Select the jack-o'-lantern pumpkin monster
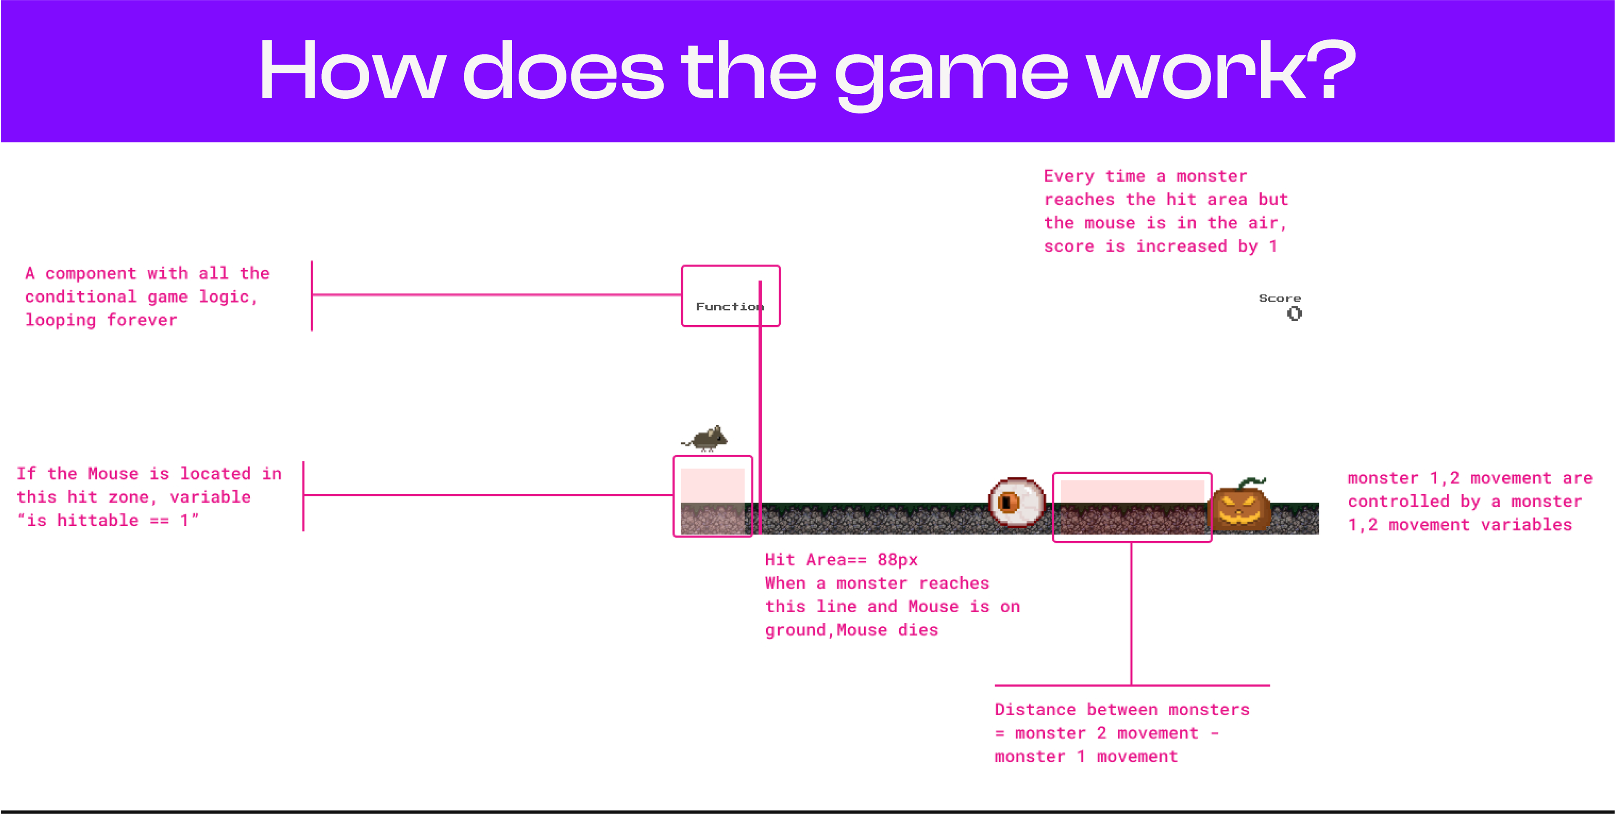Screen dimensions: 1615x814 tap(1241, 508)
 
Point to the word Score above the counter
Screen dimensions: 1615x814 tap(1279, 298)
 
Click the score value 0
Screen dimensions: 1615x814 tap(1294, 313)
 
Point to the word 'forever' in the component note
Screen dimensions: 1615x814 tap(142, 320)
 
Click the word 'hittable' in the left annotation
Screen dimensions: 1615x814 tap(98, 521)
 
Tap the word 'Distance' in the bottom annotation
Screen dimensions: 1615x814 tap(1035, 710)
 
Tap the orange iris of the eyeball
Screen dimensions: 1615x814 tap(1008, 502)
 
